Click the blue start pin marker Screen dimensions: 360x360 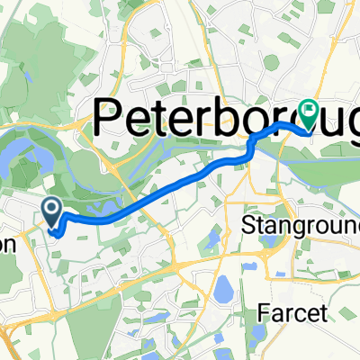coord(52,212)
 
